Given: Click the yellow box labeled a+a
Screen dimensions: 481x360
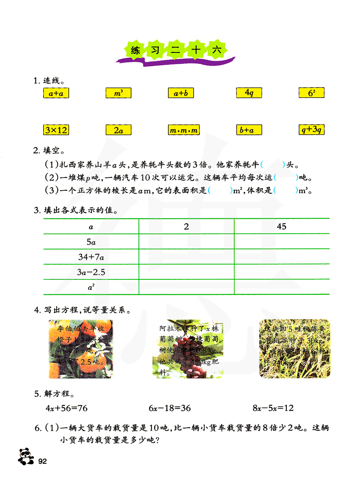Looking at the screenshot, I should [56, 93].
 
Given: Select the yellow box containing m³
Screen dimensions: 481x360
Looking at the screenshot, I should [118, 93].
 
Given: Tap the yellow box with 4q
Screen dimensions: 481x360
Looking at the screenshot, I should [249, 93].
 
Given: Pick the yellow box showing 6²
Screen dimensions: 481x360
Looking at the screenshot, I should [311, 93].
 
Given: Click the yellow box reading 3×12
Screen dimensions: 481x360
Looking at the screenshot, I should [56, 130].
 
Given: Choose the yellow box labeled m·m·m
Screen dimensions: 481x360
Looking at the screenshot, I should [184, 130].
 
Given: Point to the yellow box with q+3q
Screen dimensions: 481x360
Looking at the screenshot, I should [311, 130].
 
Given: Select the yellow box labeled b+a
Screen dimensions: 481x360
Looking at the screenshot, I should [249, 130].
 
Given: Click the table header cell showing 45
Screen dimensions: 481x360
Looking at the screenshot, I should [282, 226].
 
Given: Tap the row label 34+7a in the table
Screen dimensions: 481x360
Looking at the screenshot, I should [91, 257].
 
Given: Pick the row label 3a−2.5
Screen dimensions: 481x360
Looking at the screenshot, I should [91, 272].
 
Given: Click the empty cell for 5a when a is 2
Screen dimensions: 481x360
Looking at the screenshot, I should [186, 242].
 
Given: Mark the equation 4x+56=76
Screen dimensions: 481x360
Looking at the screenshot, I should [67, 408].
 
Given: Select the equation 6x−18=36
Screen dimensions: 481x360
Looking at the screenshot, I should [170, 408].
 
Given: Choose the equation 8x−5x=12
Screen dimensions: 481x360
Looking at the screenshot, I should [273, 408].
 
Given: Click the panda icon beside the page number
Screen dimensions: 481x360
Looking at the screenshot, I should [26, 457].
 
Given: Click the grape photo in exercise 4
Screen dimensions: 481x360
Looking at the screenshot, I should [188, 349].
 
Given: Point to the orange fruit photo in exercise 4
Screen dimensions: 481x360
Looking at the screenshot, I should [81, 349].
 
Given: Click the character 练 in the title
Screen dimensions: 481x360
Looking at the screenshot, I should [135, 50].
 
